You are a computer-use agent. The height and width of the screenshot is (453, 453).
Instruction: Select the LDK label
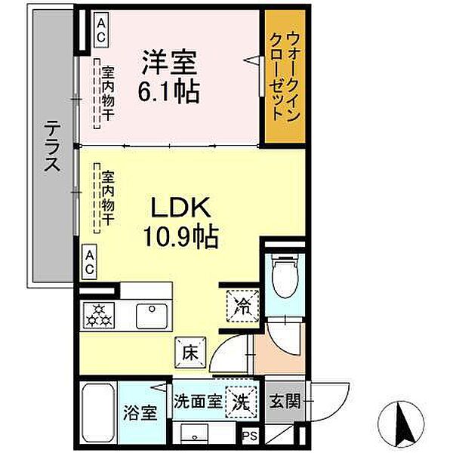click(181, 208)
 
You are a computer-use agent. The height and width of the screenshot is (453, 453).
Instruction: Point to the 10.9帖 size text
click(181, 239)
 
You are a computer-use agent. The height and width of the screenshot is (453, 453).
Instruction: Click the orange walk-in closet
click(285, 78)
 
